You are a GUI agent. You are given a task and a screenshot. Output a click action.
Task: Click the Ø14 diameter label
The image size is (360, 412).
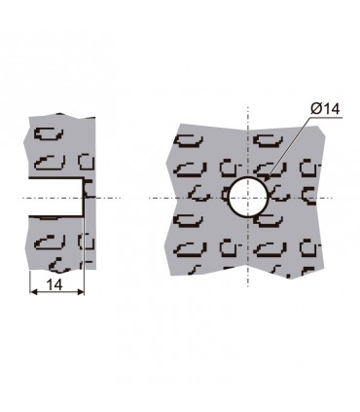click(x=325, y=108)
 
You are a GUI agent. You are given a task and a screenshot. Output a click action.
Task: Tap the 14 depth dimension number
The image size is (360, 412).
click(x=54, y=284)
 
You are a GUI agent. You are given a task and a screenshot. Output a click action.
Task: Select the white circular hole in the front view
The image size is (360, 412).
click(x=248, y=197)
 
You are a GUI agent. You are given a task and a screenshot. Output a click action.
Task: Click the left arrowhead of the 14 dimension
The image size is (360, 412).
click(x=34, y=292)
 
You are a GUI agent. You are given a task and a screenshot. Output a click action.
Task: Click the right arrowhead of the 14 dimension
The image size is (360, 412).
click(x=80, y=292)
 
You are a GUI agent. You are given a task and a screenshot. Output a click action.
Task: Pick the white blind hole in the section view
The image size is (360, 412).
click(x=55, y=197)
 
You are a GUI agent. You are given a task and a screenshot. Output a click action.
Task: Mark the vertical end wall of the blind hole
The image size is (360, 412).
click(x=84, y=197)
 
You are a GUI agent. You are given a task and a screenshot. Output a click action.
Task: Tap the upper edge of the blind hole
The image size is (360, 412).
click(x=55, y=178)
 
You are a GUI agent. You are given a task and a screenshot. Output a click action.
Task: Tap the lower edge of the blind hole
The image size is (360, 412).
click(x=55, y=215)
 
